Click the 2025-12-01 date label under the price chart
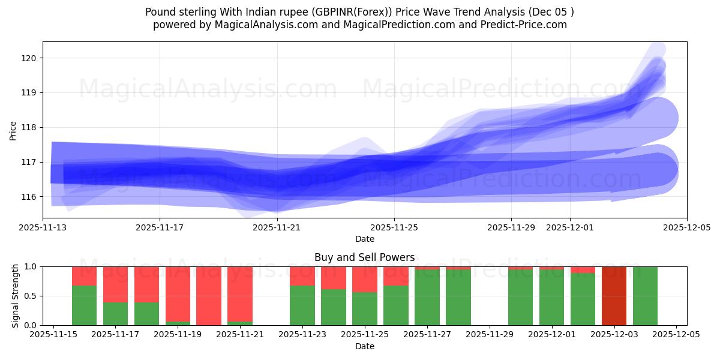click(570, 228)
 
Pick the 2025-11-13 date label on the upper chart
click(43, 228)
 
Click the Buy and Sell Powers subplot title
click(364, 257)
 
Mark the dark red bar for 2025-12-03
click(614, 296)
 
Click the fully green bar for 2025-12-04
click(645, 296)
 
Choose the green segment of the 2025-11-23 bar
click(302, 305)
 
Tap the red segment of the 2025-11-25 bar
click(365, 279)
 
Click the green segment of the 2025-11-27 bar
click(427, 298)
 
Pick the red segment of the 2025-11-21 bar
click(240, 293)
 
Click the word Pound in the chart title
click(159, 12)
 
